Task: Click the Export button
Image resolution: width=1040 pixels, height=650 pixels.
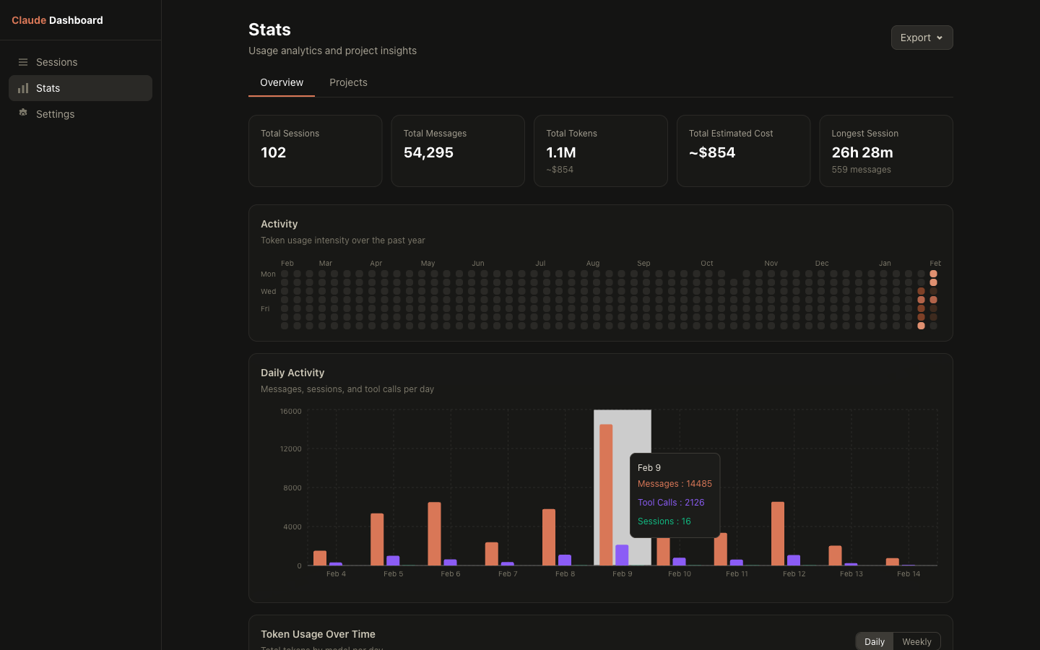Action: point(922,38)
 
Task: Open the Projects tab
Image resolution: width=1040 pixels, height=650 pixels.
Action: point(348,82)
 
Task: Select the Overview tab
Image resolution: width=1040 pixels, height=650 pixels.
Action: point(282,82)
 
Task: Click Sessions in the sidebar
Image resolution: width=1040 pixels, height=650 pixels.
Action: point(56,62)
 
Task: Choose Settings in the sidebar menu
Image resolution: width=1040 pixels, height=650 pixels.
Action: point(55,114)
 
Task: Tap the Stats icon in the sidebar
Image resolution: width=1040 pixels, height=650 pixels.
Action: point(23,88)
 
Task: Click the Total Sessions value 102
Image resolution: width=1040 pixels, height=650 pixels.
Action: point(273,152)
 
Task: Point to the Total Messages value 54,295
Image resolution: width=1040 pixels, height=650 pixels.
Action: point(428,152)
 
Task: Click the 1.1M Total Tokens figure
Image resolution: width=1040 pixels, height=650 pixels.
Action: point(560,152)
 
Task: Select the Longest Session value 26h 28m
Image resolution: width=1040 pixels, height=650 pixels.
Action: point(862,152)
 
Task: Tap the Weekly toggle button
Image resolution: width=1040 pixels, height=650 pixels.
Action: point(916,641)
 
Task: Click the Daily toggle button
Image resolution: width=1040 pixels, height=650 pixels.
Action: point(874,641)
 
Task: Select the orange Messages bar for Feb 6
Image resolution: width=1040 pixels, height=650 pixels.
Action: point(434,534)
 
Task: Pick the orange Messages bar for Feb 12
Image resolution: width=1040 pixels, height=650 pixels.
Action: point(777,534)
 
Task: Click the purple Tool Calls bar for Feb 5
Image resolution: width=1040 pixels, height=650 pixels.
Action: point(393,560)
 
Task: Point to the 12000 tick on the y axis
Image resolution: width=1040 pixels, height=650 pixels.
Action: point(290,449)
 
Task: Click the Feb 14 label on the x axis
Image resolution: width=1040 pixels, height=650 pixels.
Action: point(908,574)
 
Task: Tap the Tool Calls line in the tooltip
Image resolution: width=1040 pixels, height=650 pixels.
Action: point(670,503)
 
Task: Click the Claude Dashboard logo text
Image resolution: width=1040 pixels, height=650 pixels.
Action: point(57,20)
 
